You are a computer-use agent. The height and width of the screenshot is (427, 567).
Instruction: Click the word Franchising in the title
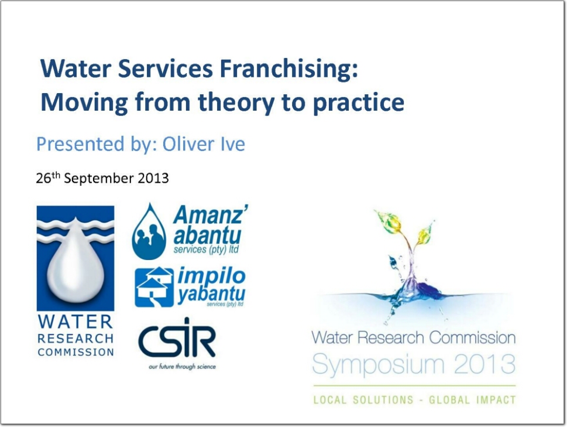click(x=289, y=70)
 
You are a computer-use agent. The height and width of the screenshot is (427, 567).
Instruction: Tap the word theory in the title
click(x=236, y=103)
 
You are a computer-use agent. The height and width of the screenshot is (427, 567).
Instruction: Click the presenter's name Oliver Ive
click(x=204, y=144)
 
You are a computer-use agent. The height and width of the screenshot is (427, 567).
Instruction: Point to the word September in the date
click(x=99, y=179)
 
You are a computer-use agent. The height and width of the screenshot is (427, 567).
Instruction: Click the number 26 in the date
click(x=43, y=179)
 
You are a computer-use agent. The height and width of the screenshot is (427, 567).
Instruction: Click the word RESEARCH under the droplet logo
click(x=75, y=339)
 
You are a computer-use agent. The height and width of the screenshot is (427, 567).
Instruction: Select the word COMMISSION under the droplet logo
click(x=75, y=352)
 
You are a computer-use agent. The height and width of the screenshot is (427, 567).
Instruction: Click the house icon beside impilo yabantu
click(x=154, y=287)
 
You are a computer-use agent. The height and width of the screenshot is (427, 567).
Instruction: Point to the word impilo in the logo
click(x=212, y=276)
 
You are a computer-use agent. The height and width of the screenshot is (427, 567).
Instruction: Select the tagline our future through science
click(x=182, y=367)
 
